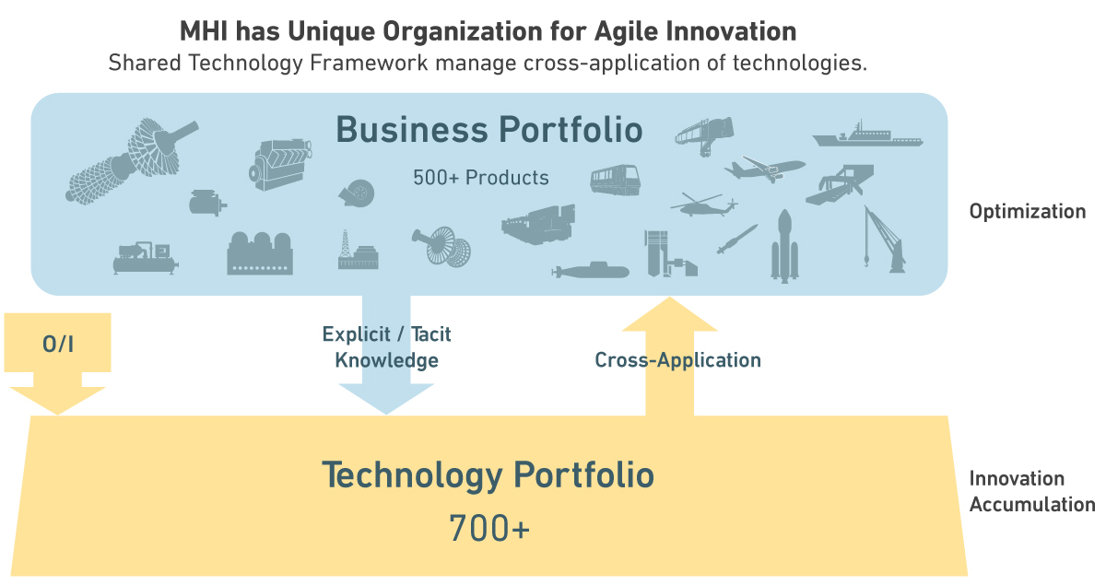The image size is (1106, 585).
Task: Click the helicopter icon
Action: [x=703, y=205]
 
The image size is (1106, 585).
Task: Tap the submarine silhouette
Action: [x=587, y=271]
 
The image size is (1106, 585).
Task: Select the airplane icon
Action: [x=764, y=169]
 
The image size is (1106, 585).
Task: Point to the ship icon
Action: [x=866, y=136]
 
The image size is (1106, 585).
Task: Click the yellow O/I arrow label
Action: [x=57, y=345]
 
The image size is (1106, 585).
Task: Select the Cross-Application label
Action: [x=677, y=360]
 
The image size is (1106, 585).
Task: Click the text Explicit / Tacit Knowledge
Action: [x=386, y=346]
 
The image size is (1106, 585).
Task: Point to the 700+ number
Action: [x=488, y=529]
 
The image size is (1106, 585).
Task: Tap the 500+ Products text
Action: [x=480, y=178]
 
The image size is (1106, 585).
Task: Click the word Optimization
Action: [x=1027, y=211]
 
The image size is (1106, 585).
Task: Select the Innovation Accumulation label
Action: [x=1031, y=491]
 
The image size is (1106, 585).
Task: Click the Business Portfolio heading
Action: [x=488, y=130]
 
